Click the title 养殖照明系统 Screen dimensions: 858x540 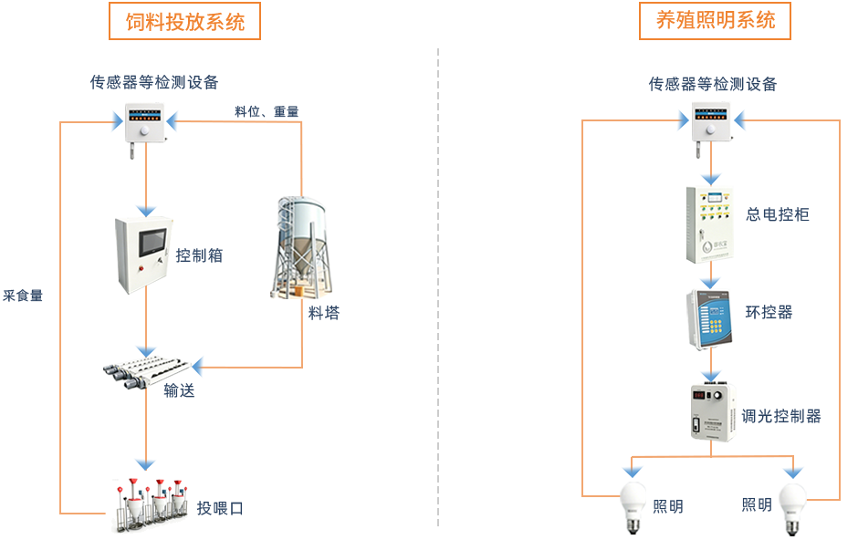(716, 21)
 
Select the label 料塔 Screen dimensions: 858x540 (324, 313)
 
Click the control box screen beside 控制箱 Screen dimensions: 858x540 (152, 243)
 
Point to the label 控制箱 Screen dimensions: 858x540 (199, 255)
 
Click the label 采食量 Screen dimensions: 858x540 (23, 296)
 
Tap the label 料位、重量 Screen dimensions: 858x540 (267, 111)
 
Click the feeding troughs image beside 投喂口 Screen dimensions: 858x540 (152, 505)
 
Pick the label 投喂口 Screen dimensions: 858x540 (220, 508)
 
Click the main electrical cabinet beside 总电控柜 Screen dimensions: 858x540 (710, 224)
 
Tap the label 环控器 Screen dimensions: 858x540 (769, 312)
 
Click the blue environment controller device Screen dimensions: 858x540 (710, 320)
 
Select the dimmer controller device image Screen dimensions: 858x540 (713, 412)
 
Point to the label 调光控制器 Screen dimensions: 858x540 (780, 417)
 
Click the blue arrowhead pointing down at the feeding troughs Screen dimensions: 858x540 (145, 464)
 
